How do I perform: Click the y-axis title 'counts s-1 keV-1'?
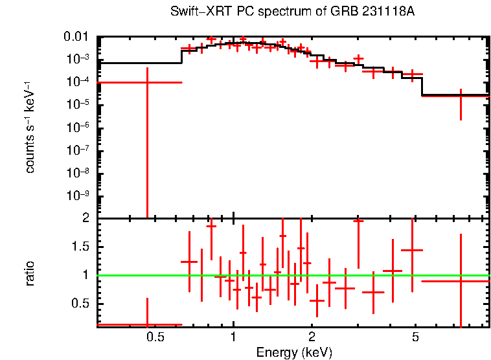30,127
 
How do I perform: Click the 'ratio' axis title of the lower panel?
30,274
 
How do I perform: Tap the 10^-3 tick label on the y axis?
80,59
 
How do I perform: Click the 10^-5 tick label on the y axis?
80,104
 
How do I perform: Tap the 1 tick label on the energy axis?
233,337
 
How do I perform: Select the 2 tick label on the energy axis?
312,337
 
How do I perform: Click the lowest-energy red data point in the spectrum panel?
147,82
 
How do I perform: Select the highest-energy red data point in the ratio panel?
461,281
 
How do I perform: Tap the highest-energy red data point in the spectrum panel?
461,95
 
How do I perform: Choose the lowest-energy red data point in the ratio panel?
147,324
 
